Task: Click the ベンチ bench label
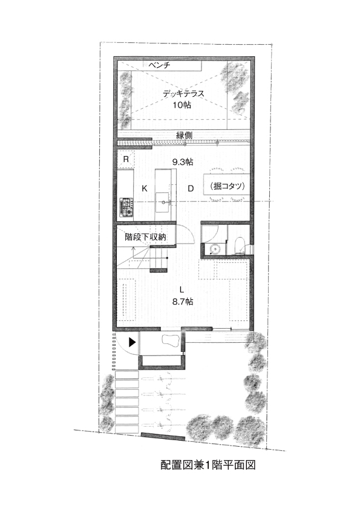tap(159, 65)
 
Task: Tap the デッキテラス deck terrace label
tap(183, 94)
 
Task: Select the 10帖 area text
tap(182, 105)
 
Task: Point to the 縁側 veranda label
tap(184, 135)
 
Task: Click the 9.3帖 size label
tap(183, 161)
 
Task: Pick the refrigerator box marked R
tap(125, 160)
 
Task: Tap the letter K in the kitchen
tap(145, 188)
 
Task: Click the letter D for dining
tap(191, 188)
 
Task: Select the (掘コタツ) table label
tap(227, 186)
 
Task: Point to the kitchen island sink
tap(162, 202)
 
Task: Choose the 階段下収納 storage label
tap(146, 237)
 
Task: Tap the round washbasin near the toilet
tap(215, 249)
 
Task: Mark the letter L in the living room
tap(182, 290)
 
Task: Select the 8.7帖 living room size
tap(183, 302)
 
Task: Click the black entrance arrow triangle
tap(132, 342)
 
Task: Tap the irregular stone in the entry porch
tap(170, 341)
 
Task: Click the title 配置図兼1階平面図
tap(208, 465)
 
